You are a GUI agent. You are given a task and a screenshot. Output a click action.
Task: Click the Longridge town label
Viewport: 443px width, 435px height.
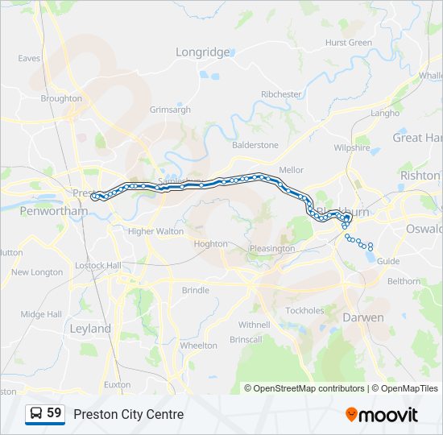tap(203, 52)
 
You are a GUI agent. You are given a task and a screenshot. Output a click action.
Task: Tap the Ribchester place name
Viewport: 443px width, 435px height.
tap(280, 94)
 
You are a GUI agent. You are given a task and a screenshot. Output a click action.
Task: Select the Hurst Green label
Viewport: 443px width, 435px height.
tap(348, 43)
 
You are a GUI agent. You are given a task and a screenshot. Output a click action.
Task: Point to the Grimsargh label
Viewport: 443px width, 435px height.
tap(170, 110)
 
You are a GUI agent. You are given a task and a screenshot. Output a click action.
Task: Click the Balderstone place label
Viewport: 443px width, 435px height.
tap(255, 145)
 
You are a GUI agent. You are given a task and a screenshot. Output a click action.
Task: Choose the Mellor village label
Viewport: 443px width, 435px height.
tap(291, 170)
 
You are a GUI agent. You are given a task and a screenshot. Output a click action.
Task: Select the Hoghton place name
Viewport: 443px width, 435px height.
tap(211, 243)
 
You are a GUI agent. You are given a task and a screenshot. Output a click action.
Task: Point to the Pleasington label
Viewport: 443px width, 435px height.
tap(271, 249)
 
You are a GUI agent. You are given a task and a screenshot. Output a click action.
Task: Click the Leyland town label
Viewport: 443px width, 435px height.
tap(90, 329)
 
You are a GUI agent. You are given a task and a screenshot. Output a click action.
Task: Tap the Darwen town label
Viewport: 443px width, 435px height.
tap(363, 317)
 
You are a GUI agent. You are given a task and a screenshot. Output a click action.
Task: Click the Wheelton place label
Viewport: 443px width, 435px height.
tap(198, 346)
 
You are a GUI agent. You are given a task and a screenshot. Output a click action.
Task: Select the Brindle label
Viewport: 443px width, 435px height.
tap(195, 290)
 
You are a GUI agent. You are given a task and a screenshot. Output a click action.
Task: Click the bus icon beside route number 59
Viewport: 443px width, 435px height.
tap(36, 414)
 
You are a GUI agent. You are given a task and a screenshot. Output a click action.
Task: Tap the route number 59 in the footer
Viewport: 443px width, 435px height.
tap(55, 413)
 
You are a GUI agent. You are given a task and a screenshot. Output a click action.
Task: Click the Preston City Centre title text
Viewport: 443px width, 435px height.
tap(129, 415)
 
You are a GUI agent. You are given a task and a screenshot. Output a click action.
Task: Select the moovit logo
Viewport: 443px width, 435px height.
tap(382, 415)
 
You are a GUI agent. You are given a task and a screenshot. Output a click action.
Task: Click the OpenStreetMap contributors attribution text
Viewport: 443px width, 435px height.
tap(308, 388)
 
